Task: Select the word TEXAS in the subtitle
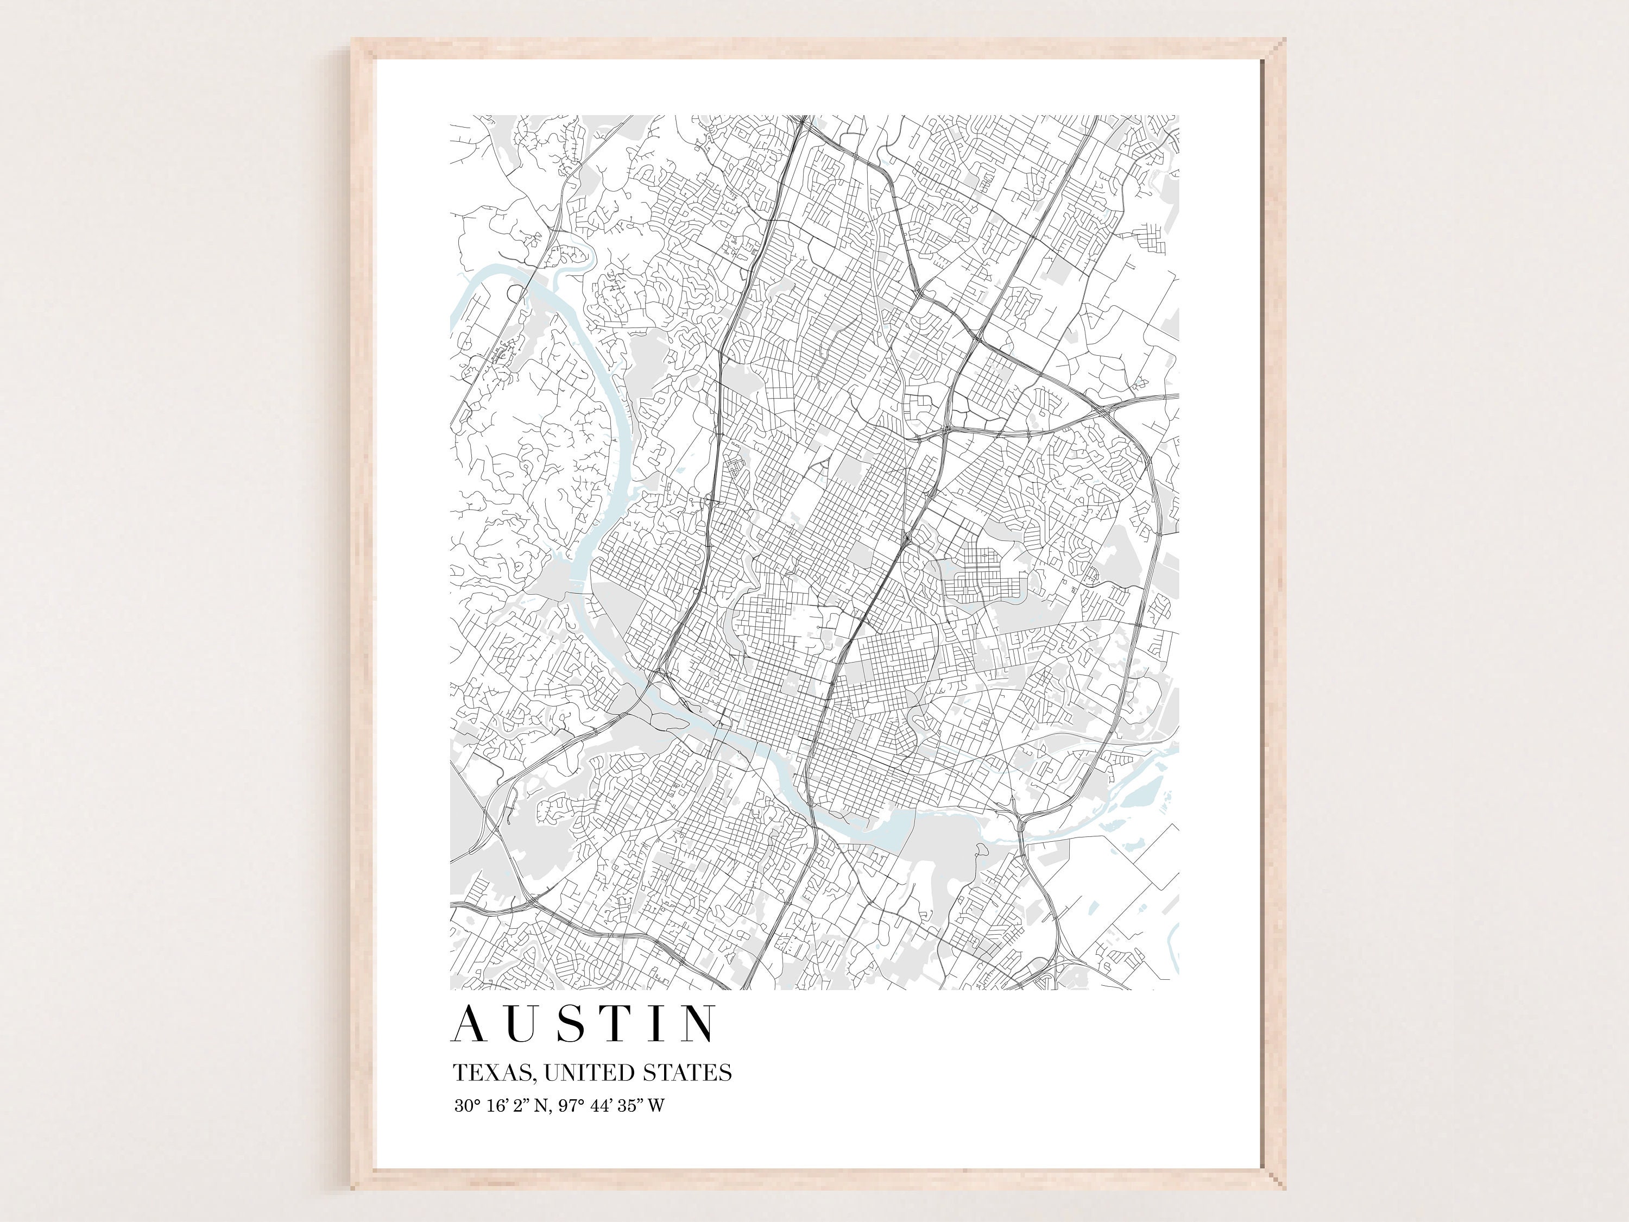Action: point(494,1073)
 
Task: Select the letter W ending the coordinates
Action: point(655,1106)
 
